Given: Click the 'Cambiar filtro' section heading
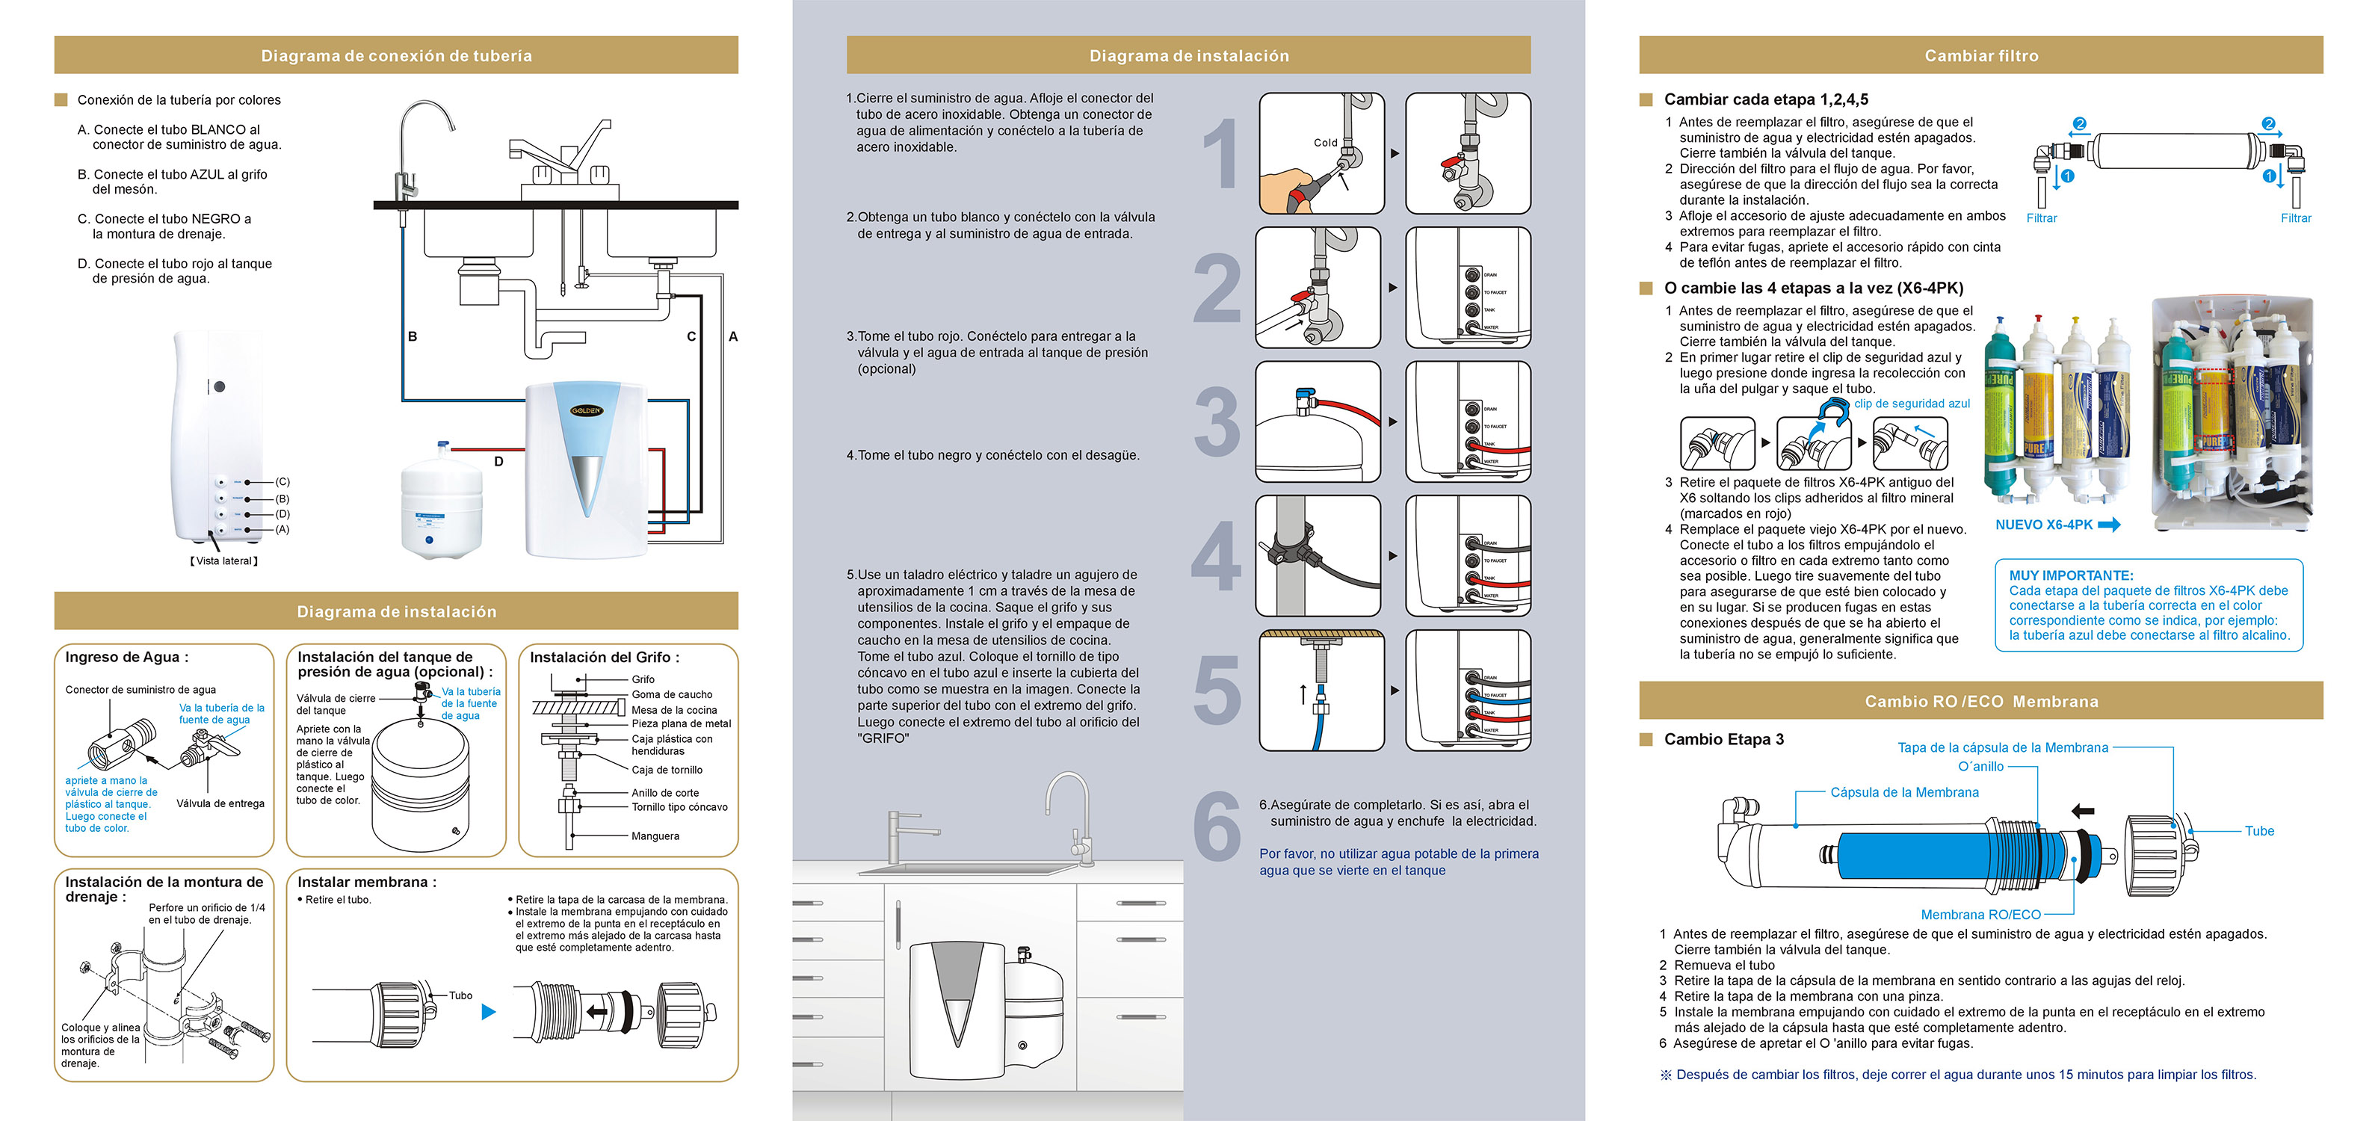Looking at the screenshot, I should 1981,55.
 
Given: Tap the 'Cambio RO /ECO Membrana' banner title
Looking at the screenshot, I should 1981,701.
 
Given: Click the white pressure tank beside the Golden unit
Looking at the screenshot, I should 440,503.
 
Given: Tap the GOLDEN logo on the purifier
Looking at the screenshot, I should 586,410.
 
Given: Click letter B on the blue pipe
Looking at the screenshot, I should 413,337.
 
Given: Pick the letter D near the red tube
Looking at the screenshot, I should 498,462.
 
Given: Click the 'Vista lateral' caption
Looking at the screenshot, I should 224,560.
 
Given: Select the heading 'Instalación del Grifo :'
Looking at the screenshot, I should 605,658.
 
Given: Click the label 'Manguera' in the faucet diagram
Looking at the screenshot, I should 655,836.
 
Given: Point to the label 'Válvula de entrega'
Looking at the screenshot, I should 220,803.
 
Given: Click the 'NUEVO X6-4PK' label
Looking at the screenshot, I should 2044,525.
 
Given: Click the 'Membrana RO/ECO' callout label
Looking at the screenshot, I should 1980,914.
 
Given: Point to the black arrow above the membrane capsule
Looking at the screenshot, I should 2083,811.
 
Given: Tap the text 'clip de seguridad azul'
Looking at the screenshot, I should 1912,404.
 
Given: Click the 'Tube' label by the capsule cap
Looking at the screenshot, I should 2259,831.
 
